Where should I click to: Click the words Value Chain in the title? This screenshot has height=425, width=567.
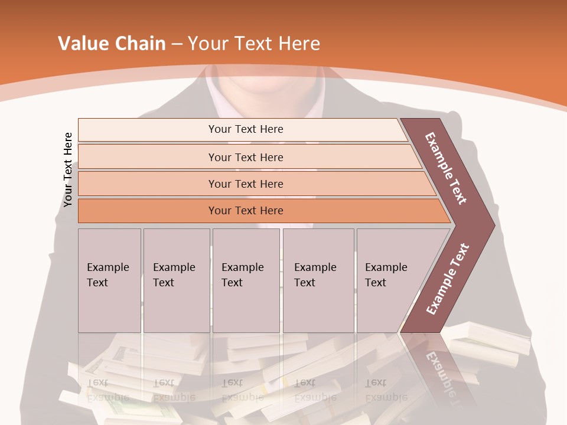click(112, 44)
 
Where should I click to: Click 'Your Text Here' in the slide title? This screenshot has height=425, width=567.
click(254, 44)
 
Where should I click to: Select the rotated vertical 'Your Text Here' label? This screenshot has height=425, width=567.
click(68, 170)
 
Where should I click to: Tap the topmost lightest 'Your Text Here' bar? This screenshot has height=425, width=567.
click(245, 129)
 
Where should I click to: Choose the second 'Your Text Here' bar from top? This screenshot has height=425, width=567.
click(245, 157)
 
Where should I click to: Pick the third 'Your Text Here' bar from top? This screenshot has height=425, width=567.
click(245, 184)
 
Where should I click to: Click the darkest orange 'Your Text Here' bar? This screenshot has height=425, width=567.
click(245, 211)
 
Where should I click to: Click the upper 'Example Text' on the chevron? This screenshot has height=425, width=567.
click(446, 168)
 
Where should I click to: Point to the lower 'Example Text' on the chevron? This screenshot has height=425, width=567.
click(448, 279)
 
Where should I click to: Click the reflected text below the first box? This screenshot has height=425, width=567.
click(108, 390)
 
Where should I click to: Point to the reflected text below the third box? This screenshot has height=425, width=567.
click(243, 390)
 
